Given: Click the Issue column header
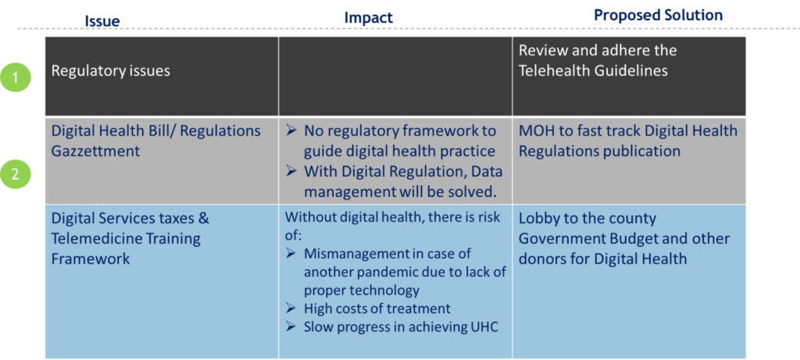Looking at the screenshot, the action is click(x=102, y=20).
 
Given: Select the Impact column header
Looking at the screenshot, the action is click(x=369, y=18).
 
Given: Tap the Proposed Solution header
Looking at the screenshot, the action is click(x=658, y=16).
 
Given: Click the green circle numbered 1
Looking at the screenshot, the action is click(x=16, y=78).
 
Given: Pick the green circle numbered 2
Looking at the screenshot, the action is click(x=16, y=174).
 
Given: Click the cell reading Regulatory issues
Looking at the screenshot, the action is click(x=111, y=71).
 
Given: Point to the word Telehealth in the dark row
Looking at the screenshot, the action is click(x=554, y=70).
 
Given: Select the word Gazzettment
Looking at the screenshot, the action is click(x=95, y=151).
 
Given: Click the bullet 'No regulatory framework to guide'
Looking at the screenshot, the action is click(x=391, y=141).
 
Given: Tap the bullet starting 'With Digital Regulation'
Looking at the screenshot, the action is click(x=391, y=182).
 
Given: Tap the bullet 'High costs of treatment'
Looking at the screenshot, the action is click(x=368, y=308).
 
